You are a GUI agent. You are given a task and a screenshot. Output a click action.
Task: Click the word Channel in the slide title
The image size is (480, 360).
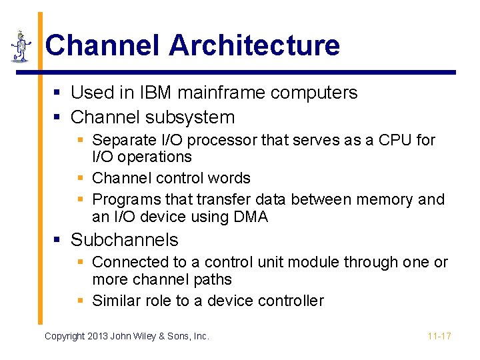pyautogui.click(x=103, y=45)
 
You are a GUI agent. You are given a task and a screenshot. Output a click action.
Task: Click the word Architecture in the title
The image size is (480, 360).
pyautogui.click(x=254, y=45)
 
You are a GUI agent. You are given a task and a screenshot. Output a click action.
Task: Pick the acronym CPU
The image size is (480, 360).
pyautogui.click(x=399, y=140)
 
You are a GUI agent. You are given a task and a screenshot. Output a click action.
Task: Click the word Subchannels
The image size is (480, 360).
pyautogui.click(x=125, y=240)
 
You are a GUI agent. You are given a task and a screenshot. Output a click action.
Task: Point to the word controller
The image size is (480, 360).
pyautogui.click(x=291, y=301)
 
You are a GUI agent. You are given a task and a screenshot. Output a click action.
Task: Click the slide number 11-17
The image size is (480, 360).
pyautogui.click(x=439, y=337)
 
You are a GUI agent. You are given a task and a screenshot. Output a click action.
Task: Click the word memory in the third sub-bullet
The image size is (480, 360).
pyautogui.click(x=386, y=199)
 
